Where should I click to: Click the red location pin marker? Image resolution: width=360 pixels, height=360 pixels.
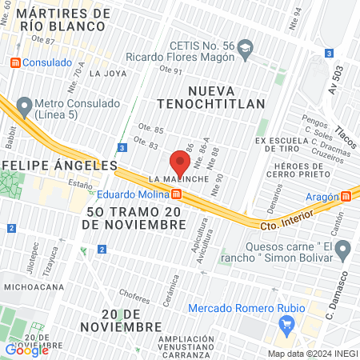(x=180, y=164)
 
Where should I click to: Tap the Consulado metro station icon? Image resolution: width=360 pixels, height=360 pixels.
(x=14, y=62)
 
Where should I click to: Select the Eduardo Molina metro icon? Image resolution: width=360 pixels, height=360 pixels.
(x=176, y=194)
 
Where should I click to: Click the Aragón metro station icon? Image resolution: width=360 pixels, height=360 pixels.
(x=346, y=196)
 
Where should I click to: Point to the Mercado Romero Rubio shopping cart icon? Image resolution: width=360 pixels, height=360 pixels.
(x=287, y=324)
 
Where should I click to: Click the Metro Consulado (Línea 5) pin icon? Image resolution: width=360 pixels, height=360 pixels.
(x=24, y=105)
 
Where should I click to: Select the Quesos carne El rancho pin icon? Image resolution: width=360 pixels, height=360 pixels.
(x=343, y=252)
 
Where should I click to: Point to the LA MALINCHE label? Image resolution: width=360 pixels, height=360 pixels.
(x=180, y=178)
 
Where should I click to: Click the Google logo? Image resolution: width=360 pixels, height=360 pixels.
(x=27, y=349)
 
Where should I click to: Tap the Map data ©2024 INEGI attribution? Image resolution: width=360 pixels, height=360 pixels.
(x=311, y=354)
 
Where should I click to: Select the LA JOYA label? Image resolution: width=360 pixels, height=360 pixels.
(x=108, y=74)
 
